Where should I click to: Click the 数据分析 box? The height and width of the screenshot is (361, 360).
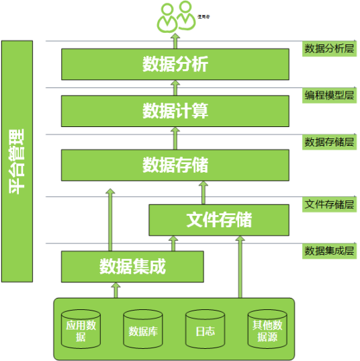(x=175, y=65)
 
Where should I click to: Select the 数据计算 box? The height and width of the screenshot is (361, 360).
(x=175, y=111)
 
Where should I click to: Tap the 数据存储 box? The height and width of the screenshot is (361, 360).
(x=175, y=165)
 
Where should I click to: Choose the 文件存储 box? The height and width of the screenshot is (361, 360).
(x=219, y=220)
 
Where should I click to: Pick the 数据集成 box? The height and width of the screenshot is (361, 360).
(x=132, y=266)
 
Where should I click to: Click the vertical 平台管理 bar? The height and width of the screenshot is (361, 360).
(x=17, y=161)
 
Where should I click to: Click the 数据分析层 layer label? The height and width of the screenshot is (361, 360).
(x=329, y=48)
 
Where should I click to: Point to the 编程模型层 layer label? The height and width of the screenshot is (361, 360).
(x=329, y=95)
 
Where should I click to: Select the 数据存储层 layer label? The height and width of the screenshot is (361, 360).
(x=329, y=142)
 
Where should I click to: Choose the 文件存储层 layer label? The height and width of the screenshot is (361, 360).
(x=329, y=204)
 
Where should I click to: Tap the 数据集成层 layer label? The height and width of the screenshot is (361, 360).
(x=329, y=251)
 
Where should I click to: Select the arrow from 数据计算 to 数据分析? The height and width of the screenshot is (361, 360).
(x=175, y=87)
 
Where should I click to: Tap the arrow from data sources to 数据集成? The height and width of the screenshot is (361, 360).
(x=116, y=290)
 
